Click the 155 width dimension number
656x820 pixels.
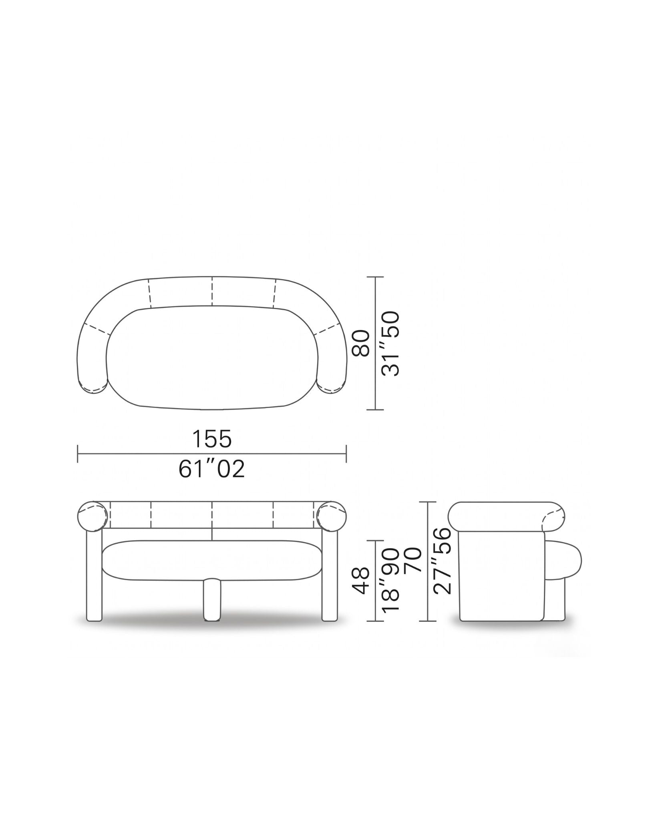pos(212,439)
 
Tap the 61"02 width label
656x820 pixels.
pos(212,469)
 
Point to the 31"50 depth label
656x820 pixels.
pos(391,344)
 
